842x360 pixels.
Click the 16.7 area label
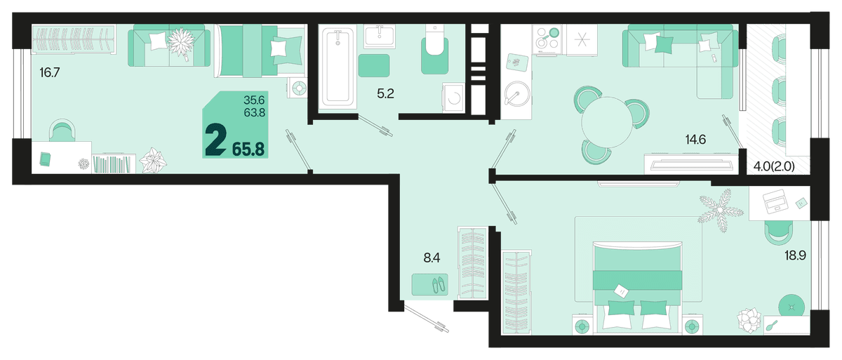click(50, 72)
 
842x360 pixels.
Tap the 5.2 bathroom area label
click(386, 93)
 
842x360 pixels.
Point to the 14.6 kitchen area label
click(695, 140)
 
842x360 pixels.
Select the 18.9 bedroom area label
click(795, 255)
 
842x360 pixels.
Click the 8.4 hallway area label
click(432, 258)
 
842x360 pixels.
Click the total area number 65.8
click(248, 149)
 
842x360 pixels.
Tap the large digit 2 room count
click(216, 140)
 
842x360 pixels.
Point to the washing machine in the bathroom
click(454, 98)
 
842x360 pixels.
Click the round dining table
click(608, 123)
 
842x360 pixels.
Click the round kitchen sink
click(517, 93)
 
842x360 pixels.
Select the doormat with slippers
click(430, 284)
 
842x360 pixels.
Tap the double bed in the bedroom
click(638, 288)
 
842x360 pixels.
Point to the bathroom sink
click(380, 36)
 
